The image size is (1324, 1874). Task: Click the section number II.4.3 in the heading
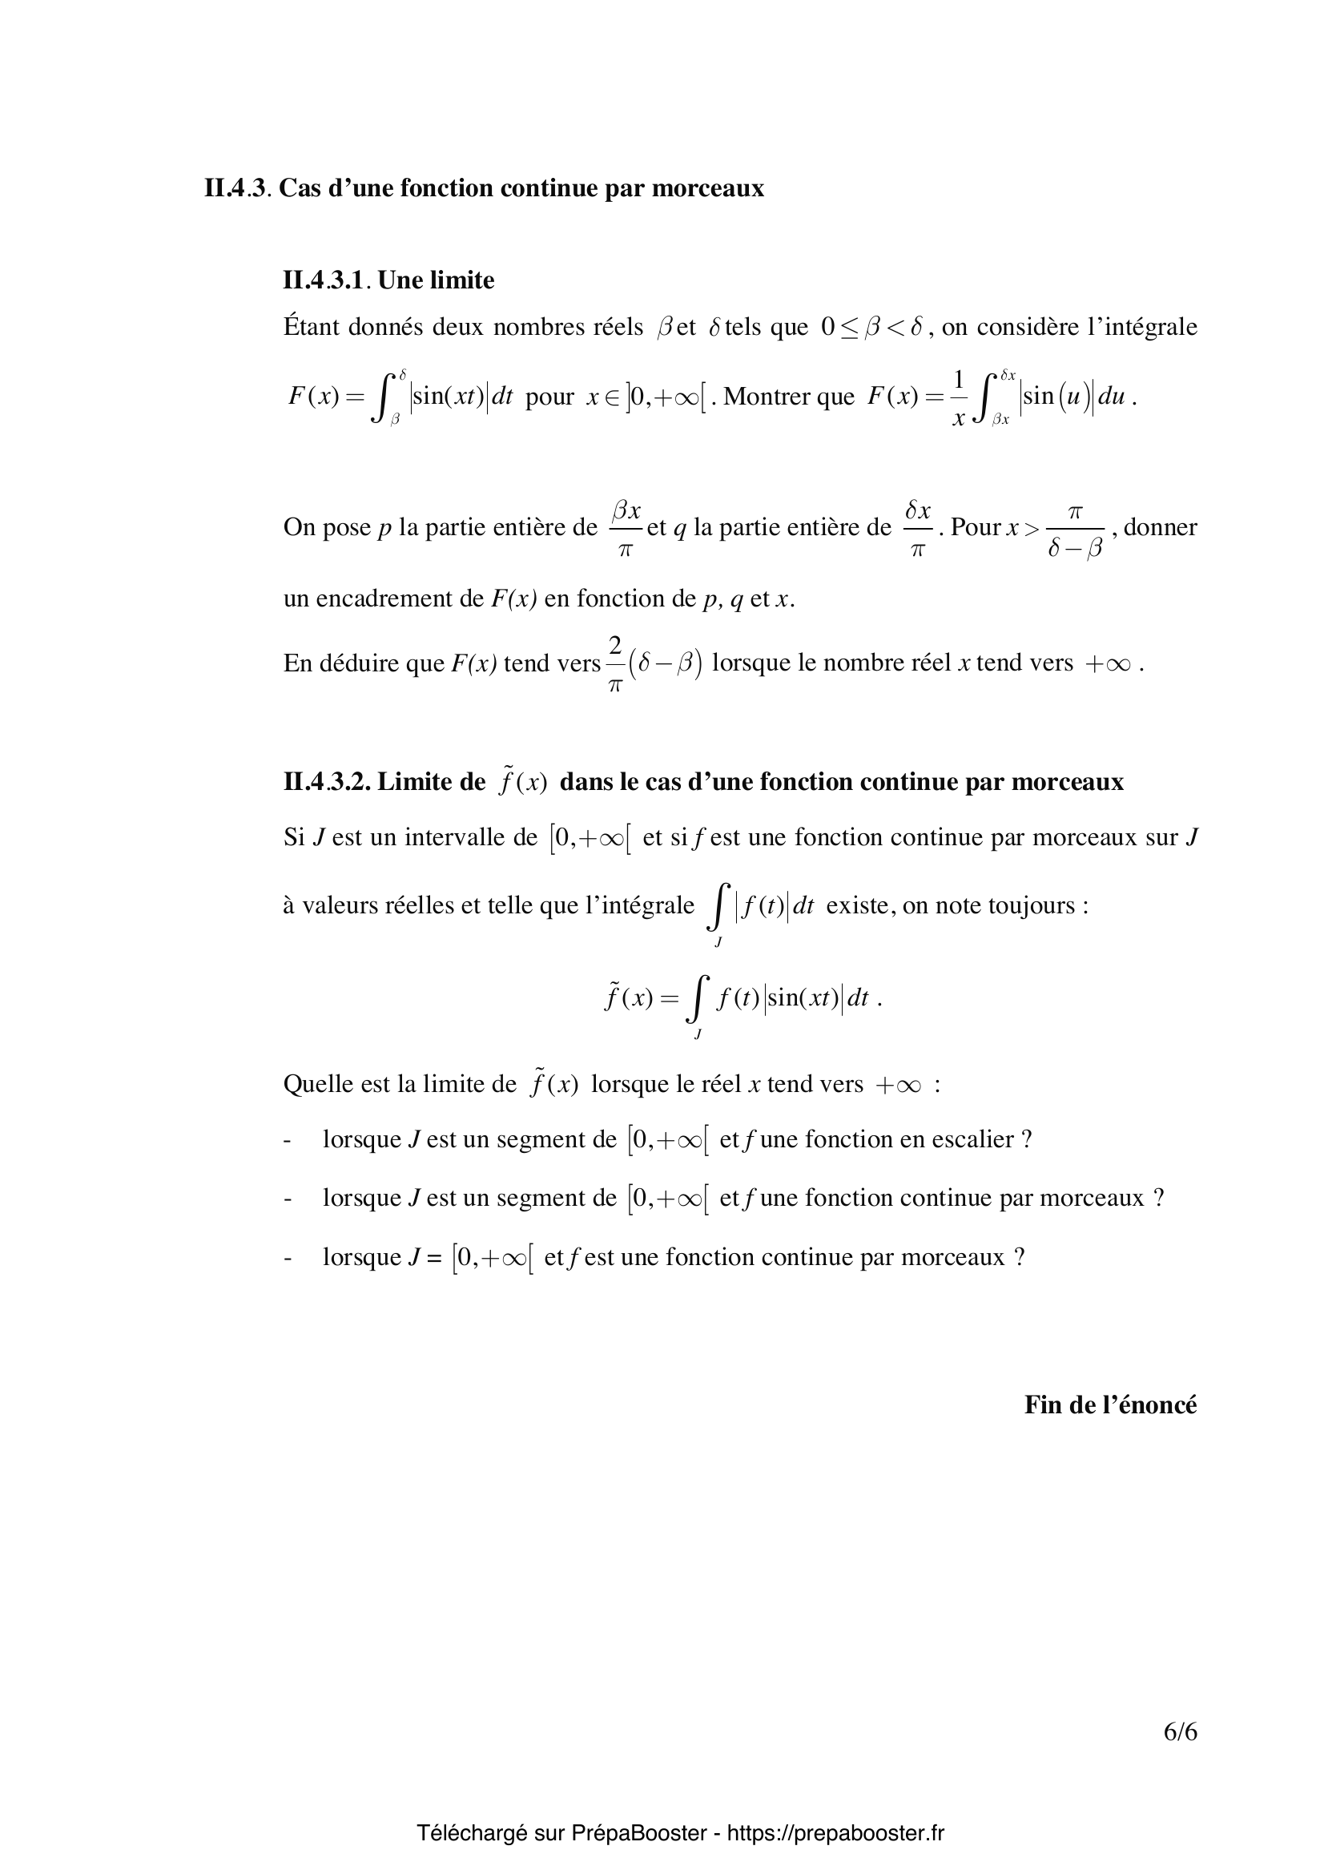pos(235,188)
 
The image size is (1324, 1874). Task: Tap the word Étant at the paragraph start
pos(312,328)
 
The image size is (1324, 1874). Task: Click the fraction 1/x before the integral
pos(959,398)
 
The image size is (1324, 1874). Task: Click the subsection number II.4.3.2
pos(326,782)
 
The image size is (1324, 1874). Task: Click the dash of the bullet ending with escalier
pos(288,1139)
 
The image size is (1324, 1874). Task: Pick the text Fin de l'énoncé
pos(1110,1405)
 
